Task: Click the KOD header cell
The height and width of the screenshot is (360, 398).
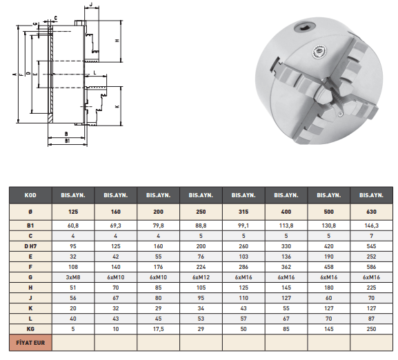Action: coord(30,195)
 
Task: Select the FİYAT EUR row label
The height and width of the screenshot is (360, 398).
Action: coord(30,343)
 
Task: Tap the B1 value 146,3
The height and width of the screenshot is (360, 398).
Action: coord(371,226)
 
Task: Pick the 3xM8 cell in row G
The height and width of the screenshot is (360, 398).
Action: coord(73,277)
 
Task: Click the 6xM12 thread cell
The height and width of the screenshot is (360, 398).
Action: coord(201,277)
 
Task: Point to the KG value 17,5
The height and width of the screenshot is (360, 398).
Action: coord(158,329)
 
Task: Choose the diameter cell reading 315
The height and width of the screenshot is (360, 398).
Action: coord(243,212)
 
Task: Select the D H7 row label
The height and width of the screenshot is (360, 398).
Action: coord(30,246)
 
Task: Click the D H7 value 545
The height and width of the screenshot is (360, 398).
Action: coord(371,246)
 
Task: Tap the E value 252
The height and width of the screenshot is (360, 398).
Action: coord(371,257)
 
